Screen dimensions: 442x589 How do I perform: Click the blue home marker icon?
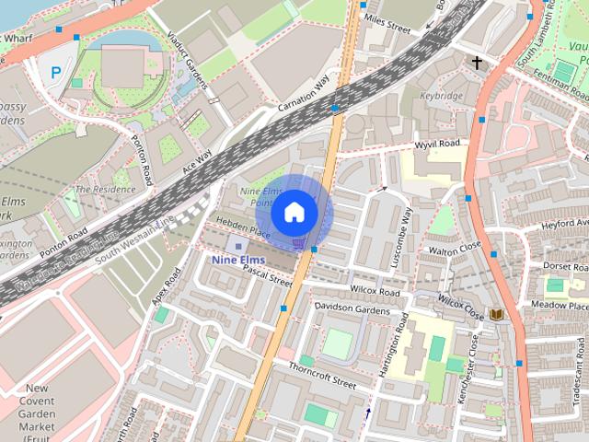click(x=294, y=212)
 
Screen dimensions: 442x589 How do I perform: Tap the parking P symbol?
click(x=56, y=72)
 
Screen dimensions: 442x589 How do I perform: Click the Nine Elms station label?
click(x=237, y=261)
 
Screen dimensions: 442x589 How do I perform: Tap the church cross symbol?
click(x=477, y=64)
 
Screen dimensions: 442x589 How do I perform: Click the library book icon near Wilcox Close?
click(x=497, y=315)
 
